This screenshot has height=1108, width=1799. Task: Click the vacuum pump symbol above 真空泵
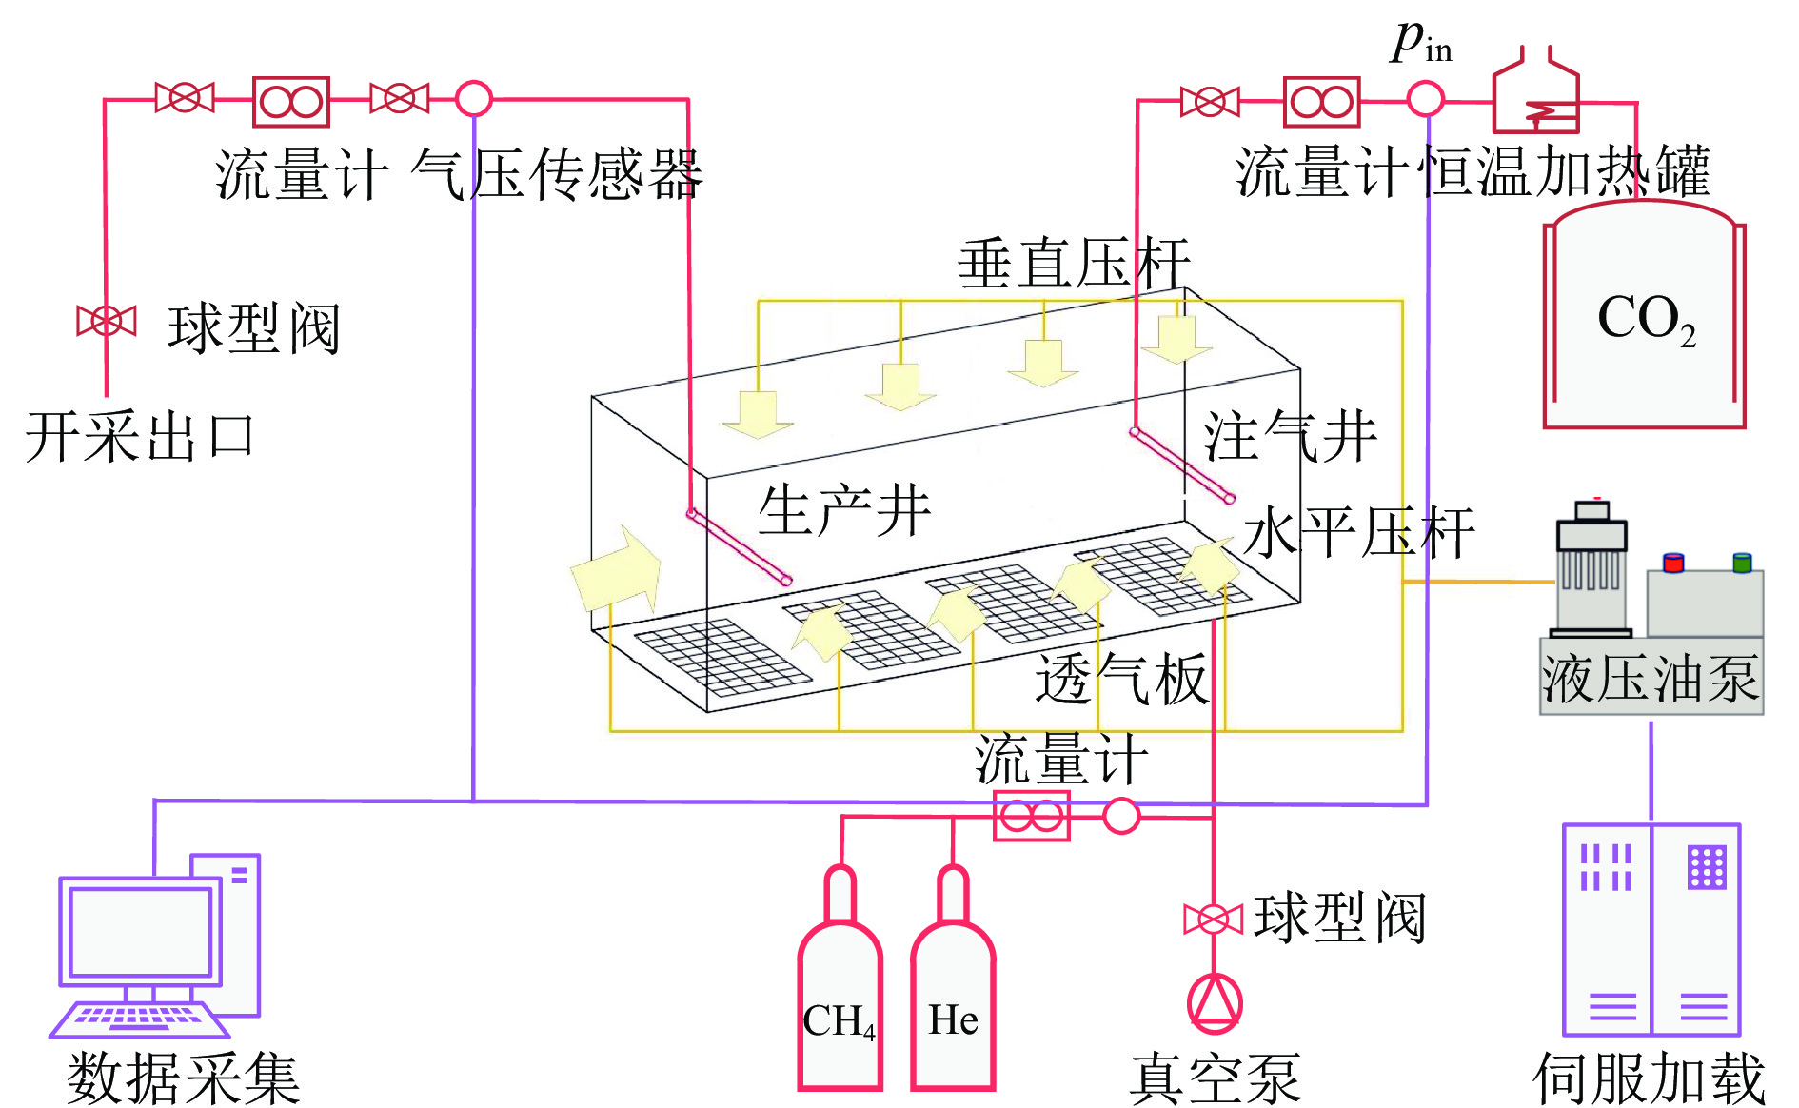(x=1215, y=1003)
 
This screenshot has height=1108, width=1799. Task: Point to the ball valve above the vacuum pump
(x=1213, y=920)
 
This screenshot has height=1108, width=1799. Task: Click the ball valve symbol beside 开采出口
(x=107, y=321)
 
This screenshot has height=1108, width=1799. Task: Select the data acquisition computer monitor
(x=141, y=931)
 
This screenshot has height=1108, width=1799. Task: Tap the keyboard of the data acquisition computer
(x=139, y=1019)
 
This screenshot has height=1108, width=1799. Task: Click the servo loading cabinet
(x=1651, y=929)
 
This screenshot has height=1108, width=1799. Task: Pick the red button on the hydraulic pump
(x=1672, y=563)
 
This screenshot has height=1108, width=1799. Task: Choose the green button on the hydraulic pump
(x=1742, y=563)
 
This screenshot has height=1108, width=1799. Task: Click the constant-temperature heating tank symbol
(x=1535, y=93)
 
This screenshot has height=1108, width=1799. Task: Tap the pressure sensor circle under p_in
(x=1425, y=99)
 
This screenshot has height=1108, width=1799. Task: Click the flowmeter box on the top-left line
(x=291, y=101)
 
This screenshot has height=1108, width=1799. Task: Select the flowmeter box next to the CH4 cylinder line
(x=1031, y=816)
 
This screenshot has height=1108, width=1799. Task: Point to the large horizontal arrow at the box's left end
(x=617, y=571)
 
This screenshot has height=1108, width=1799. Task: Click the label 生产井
(x=843, y=510)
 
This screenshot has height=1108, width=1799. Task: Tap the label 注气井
(x=1290, y=437)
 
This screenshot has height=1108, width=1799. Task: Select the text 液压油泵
(x=1651, y=680)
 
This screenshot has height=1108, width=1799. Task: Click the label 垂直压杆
(x=1073, y=264)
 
